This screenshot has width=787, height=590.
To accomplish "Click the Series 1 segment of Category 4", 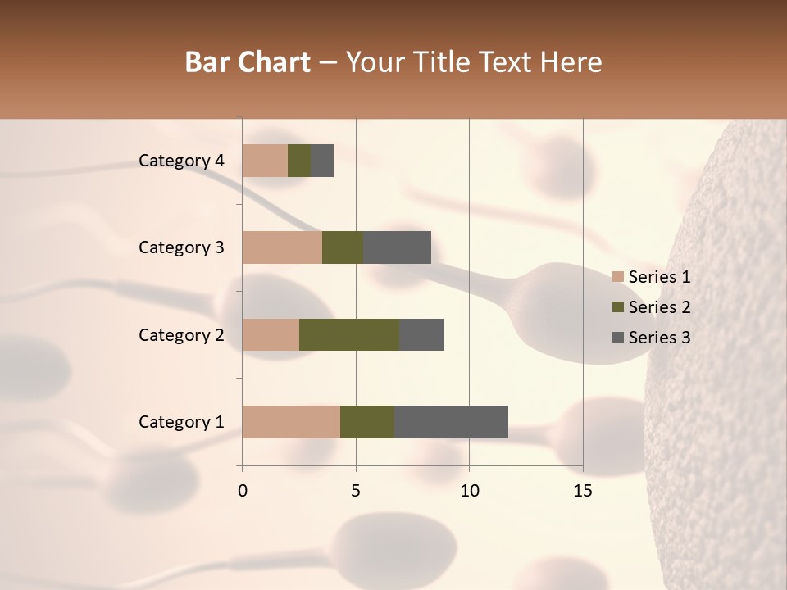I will (265, 161).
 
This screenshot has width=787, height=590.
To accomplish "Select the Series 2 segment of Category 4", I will (299, 161).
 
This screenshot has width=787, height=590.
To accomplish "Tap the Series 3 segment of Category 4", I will (322, 161).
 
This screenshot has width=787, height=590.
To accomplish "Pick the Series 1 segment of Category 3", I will (282, 247).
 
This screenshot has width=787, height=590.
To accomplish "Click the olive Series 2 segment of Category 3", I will (343, 247).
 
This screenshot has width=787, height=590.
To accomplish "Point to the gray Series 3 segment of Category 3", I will (397, 247).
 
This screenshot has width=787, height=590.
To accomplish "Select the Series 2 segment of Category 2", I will (349, 334).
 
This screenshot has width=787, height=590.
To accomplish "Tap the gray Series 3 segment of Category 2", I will (421, 334).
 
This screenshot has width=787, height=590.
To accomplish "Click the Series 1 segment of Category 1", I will (291, 422).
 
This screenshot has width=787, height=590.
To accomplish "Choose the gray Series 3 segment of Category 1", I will (451, 422).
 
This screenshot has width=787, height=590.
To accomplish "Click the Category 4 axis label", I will (181, 161).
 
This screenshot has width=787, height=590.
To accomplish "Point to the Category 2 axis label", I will (181, 334).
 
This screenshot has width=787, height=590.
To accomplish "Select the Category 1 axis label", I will (181, 422).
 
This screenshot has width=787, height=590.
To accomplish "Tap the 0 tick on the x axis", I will (243, 492).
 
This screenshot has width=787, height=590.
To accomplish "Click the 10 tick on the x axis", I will (469, 492).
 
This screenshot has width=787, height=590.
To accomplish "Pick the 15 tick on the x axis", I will (583, 492).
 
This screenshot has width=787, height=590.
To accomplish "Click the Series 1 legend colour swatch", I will (618, 277).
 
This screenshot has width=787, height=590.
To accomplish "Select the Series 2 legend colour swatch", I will (618, 307).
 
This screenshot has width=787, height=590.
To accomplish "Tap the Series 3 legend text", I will (659, 338).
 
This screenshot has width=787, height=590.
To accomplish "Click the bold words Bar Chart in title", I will (248, 62).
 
